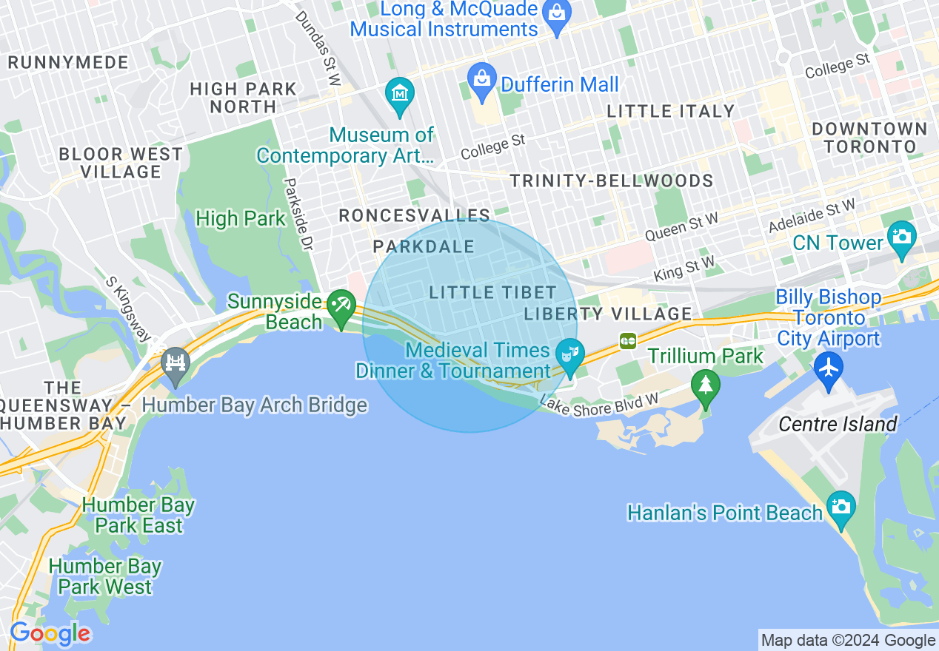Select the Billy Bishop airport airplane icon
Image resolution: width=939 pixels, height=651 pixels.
click(828, 368)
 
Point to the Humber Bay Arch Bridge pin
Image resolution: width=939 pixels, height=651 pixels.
click(176, 363)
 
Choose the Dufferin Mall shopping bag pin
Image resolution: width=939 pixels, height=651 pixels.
click(482, 79)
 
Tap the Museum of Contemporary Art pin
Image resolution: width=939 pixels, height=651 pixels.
click(400, 95)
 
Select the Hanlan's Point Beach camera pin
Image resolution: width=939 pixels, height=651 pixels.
click(841, 507)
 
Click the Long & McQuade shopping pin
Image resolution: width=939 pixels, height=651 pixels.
click(557, 13)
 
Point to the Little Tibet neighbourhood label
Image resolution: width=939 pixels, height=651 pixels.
click(482, 292)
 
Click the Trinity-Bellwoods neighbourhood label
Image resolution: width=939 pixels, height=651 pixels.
click(611, 181)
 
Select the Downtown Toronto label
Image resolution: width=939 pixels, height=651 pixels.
click(869, 138)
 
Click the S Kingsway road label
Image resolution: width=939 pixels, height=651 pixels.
click(128, 309)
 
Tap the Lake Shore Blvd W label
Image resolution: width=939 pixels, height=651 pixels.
click(599, 408)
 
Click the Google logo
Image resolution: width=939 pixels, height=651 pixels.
click(50, 634)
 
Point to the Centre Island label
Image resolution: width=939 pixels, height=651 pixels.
click(838, 424)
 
